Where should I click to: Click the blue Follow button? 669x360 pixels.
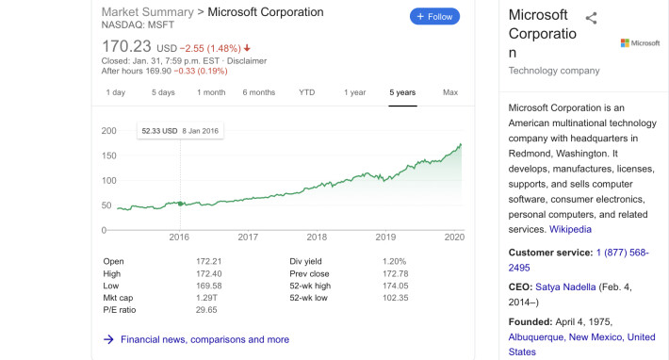tap(434, 17)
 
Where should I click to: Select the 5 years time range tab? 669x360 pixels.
tap(402, 92)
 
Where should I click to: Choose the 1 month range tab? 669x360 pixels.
tap(211, 92)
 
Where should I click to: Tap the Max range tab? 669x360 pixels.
tap(450, 92)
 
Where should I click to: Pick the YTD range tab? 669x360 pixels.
tap(307, 92)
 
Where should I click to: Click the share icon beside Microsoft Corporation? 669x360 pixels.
tap(591, 18)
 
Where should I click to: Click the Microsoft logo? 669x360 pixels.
tap(640, 43)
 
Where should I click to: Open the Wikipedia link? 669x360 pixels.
tap(570, 230)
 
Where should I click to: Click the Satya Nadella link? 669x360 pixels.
tap(565, 287)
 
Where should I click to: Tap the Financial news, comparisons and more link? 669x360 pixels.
tap(204, 339)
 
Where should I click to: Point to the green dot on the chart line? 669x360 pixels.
tap(181, 204)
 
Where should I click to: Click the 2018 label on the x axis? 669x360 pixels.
tap(317, 237)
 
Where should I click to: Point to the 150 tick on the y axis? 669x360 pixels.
tap(108, 155)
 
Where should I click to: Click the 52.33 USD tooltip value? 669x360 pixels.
tap(159, 131)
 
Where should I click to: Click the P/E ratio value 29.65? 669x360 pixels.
tap(206, 310)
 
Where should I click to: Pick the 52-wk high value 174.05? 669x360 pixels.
tap(396, 286)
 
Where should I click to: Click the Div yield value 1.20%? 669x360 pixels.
tap(394, 261)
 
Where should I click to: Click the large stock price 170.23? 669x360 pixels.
tap(126, 46)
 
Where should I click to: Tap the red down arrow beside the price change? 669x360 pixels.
tap(247, 48)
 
